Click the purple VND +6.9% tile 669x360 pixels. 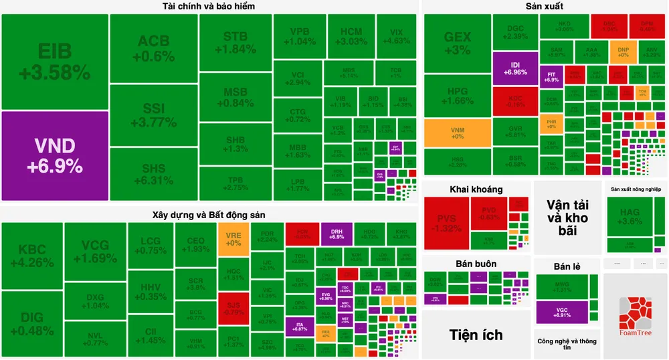[55, 155]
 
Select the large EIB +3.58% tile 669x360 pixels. [55, 62]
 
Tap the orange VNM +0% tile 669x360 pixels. [457, 132]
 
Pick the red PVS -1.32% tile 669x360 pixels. [446, 223]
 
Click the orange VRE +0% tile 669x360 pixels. [233, 239]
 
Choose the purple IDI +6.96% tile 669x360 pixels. [515, 68]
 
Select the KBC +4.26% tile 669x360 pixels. [32, 256]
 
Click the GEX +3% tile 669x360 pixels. [458, 43]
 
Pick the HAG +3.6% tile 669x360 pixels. [631, 216]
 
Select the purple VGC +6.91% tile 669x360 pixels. [562, 311]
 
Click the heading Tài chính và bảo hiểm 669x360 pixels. [208, 7]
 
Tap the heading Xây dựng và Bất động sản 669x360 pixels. [209, 215]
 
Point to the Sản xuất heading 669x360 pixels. [545, 7]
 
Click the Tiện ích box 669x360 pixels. [476, 334]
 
